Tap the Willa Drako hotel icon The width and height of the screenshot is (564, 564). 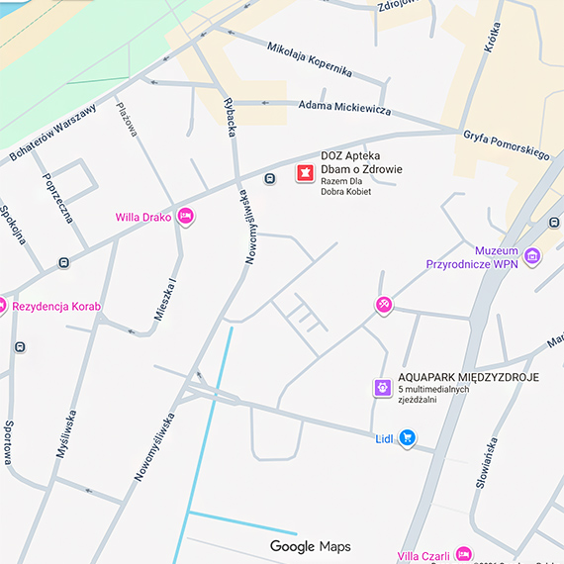click(x=185, y=217)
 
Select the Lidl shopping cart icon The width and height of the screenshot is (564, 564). click(x=407, y=438)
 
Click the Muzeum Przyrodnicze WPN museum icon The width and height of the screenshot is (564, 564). click(x=533, y=256)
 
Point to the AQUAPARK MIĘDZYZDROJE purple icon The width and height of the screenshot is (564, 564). click(x=382, y=388)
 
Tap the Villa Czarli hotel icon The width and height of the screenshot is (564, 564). click(x=464, y=553)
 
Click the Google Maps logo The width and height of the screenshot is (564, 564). click(x=310, y=546)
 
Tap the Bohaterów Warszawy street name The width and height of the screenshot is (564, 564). click(x=53, y=133)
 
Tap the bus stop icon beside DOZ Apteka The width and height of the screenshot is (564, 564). click(x=269, y=178)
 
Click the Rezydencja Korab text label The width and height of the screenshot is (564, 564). click(x=56, y=307)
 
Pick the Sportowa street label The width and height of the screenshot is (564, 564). click(x=8, y=440)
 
